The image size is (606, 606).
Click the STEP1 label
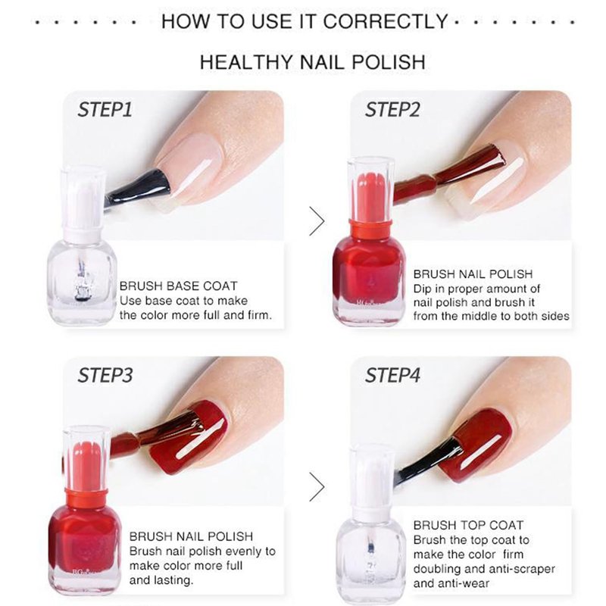click(x=105, y=109)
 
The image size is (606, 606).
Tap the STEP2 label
click(x=392, y=109)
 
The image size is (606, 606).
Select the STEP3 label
click(x=105, y=375)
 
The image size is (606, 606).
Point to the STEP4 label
click(x=392, y=375)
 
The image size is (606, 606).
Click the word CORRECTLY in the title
click(x=385, y=21)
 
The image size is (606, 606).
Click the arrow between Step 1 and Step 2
click(x=317, y=221)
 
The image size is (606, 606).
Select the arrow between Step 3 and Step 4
click(x=317, y=487)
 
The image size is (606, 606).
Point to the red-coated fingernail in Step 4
click(x=476, y=445)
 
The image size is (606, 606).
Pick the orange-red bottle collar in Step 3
click(x=86, y=498)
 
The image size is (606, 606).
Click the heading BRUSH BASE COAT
click(x=178, y=286)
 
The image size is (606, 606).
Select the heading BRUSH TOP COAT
click(x=468, y=525)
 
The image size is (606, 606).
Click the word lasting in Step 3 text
click(x=173, y=580)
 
